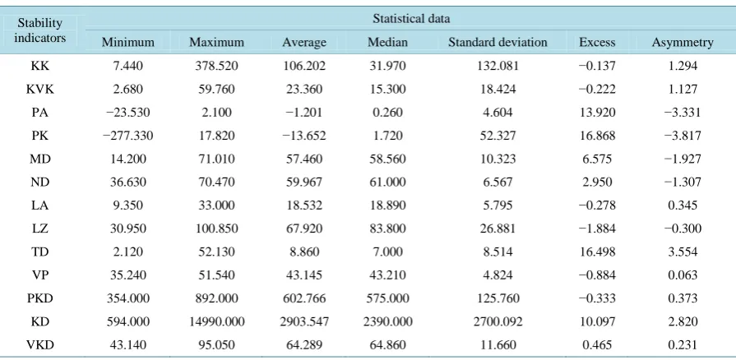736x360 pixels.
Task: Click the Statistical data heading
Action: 411,19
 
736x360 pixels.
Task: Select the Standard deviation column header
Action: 498,42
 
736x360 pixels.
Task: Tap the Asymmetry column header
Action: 683,42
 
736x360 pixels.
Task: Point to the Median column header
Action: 387,42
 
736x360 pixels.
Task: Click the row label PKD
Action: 40,298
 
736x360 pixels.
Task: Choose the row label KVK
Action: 40,90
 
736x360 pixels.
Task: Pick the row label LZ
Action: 40,228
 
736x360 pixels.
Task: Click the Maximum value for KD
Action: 216,321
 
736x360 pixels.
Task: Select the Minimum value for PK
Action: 127,136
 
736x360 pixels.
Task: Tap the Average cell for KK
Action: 303,66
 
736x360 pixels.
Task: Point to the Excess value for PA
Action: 597,112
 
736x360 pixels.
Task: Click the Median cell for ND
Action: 387,182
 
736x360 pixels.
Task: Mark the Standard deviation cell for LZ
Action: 498,228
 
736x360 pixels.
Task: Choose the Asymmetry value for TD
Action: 683,252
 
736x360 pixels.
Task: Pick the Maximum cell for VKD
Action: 216,345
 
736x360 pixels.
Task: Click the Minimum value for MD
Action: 127,159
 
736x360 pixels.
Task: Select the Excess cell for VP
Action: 597,275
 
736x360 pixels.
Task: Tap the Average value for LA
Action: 303,205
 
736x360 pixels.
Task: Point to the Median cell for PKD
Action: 387,298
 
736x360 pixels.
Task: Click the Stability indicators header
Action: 40,30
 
